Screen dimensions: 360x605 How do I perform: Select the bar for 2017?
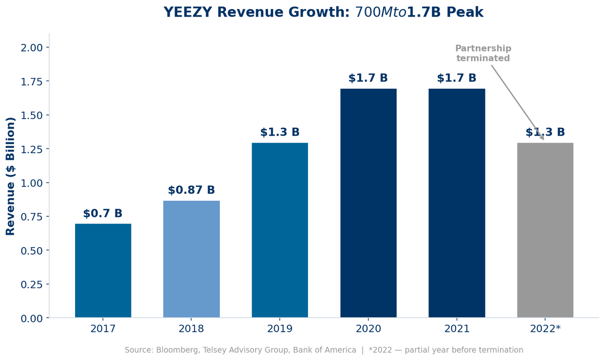[103, 271]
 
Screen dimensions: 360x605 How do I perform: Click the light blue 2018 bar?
[192, 259]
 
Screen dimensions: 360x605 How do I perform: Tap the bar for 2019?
[280, 230]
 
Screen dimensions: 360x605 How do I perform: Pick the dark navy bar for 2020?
[368, 203]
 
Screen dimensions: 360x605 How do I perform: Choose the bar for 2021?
[457, 203]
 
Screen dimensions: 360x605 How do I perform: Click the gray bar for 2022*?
[545, 230]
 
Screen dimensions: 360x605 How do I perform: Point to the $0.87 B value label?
[192, 191]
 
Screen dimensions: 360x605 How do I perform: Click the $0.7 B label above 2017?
[103, 214]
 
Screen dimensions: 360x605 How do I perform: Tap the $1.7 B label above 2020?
[368, 79]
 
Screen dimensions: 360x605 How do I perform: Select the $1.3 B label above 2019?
[280, 133]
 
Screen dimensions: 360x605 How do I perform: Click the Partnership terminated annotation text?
[483, 53]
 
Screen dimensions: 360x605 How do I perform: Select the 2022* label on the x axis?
[545, 329]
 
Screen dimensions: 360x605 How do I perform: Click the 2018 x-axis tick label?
[192, 329]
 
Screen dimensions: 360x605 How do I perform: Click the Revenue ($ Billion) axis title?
[11, 176]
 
